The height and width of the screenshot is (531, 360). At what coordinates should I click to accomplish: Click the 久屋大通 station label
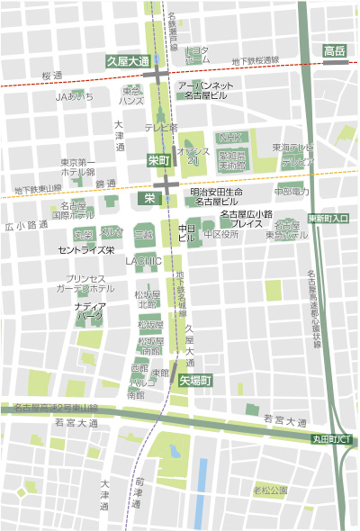point(127,60)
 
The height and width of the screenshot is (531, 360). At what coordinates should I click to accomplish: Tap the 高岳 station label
point(335,49)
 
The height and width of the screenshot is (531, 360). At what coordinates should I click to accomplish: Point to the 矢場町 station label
point(193,381)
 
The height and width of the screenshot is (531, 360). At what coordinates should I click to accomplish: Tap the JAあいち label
point(74,95)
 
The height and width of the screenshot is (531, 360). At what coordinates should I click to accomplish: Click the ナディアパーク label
point(89,311)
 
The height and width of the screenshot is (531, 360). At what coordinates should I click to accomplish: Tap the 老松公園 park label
point(270,490)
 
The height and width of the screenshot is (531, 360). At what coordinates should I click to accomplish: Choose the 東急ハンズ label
point(132,95)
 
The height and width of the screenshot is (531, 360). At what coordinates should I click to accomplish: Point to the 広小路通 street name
point(25,225)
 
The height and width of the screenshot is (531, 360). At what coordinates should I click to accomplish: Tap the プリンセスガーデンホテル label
point(86,283)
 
